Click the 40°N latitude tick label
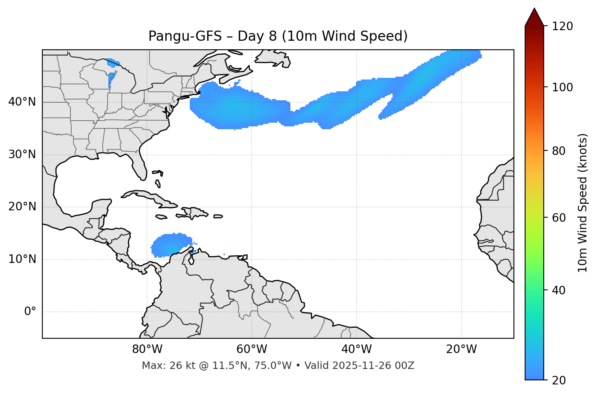[x=22, y=102]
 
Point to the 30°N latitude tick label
[x=22, y=154]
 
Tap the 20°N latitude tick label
[x=22, y=207]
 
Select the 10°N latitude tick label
[x=22, y=259]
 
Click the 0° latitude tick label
[x=30, y=312]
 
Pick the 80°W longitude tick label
[x=147, y=349]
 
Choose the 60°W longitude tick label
[x=252, y=349]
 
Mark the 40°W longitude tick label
[x=356, y=349]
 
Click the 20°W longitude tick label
[x=461, y=349]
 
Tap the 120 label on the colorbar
[x=562, y=26]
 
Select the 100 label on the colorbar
[x=562, y=87]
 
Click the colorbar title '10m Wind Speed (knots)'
[x=583, y=203]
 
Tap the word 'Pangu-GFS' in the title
[x=185, y=36]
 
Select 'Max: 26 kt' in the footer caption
[x=162, y=366]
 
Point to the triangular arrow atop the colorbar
[x=534, y=18]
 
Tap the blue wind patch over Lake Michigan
[x=111, y=79]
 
